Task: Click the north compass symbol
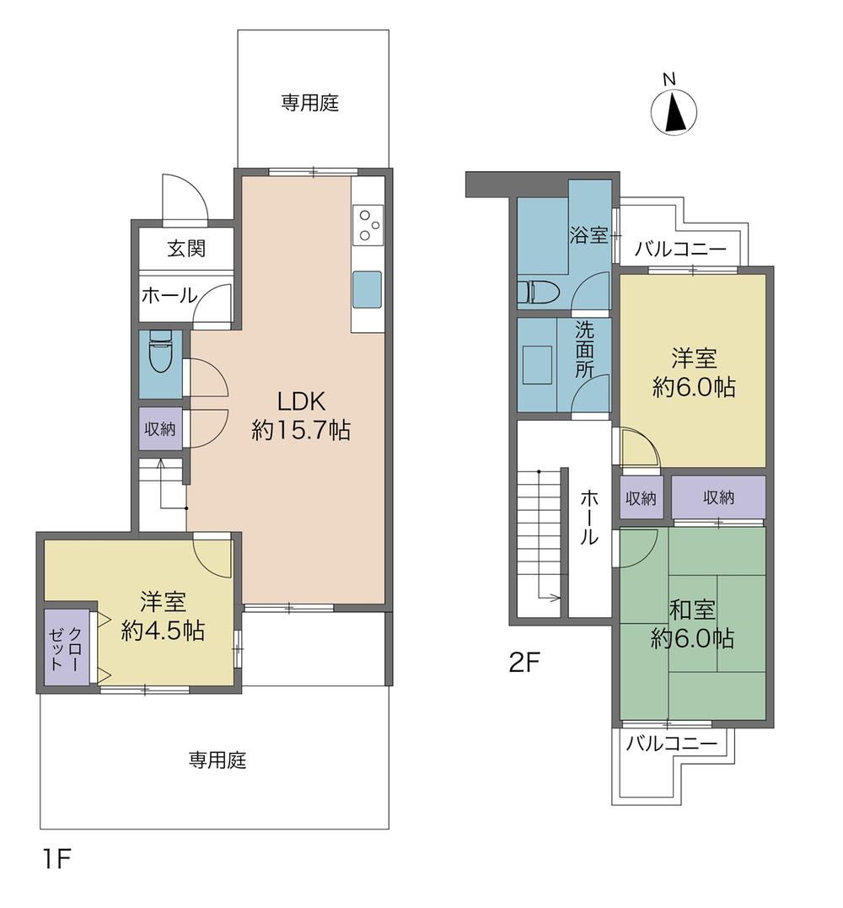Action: (674, 109)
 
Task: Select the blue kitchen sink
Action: (368, 289)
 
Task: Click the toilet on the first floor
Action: (160, 351)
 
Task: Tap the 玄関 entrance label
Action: (186, 249)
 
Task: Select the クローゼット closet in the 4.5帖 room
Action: (67, 647)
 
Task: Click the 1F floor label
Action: (56, 858)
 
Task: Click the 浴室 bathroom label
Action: (588, 235)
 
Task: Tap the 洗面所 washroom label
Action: (584, 350)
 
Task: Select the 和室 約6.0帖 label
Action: (692, 624)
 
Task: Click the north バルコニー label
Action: (680, 250)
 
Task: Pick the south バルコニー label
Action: (672, 743)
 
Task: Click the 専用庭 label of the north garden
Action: (309, 103)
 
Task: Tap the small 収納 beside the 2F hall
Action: (641, 497)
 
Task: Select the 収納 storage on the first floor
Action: (160, 429)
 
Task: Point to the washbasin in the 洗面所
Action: (537, 365)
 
